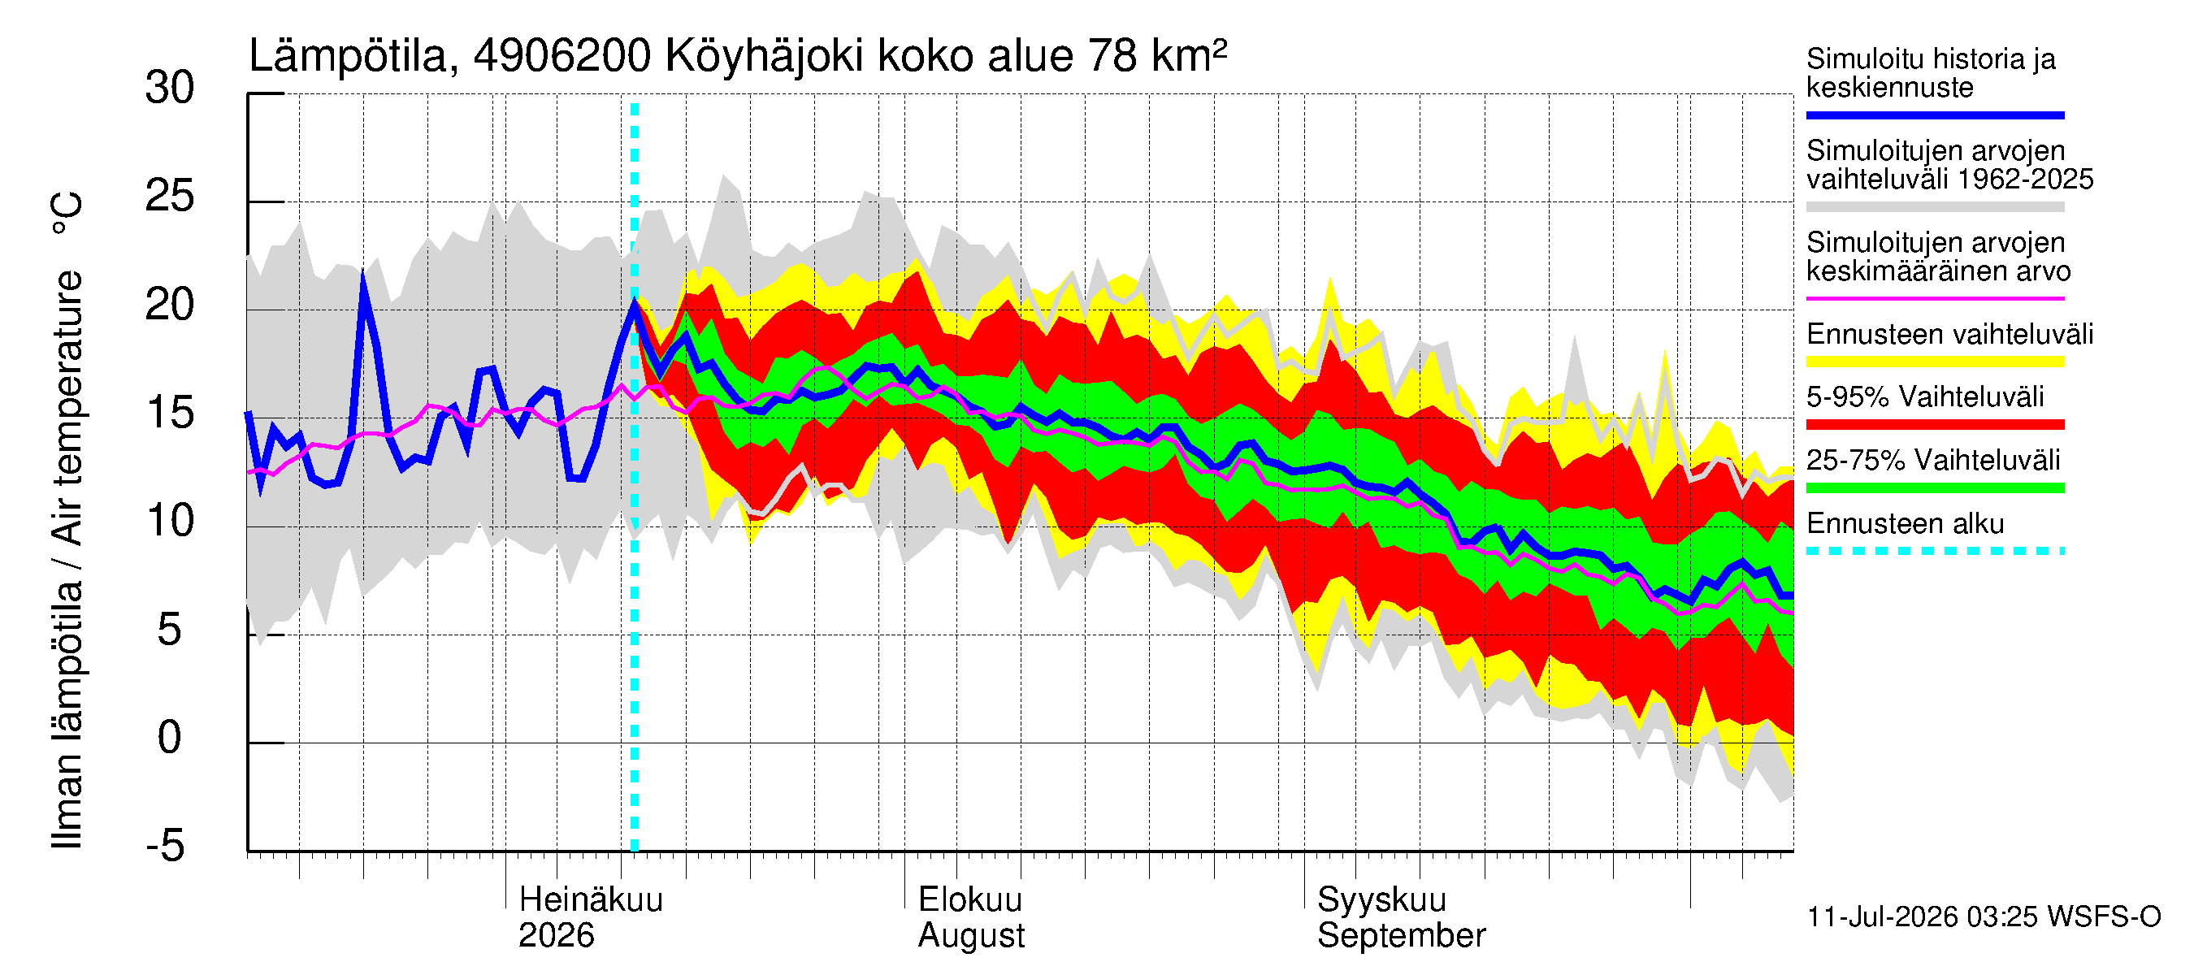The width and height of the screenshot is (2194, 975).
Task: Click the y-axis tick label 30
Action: point(171,89)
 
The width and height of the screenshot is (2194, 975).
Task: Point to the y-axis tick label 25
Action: point(171,197)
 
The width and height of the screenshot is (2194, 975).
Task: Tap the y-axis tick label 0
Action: point(170,738)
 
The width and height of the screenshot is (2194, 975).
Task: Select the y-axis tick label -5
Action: point(165,846)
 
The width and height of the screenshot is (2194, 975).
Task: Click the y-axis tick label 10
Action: point(171,521)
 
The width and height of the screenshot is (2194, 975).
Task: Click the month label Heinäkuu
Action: point(590,899)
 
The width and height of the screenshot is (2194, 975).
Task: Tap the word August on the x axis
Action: point(971,937)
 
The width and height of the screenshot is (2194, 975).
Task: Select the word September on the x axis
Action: point(1401,937)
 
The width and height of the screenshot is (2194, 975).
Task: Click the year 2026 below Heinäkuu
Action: point(556,936)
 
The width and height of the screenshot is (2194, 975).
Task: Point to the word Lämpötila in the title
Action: point(349,57)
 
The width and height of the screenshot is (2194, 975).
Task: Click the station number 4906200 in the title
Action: point(562,57)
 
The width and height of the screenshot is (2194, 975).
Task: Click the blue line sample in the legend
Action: point(1935,115)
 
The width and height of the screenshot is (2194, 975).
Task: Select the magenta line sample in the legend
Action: point(1935,298)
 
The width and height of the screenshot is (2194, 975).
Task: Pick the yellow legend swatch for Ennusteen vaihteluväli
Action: point(1935,362)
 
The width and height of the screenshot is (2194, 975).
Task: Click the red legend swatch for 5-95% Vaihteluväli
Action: point(1935,424)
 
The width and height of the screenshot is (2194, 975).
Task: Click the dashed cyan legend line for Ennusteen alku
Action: point(1935,551)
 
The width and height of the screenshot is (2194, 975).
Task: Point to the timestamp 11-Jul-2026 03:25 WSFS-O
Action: point(1984,917)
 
